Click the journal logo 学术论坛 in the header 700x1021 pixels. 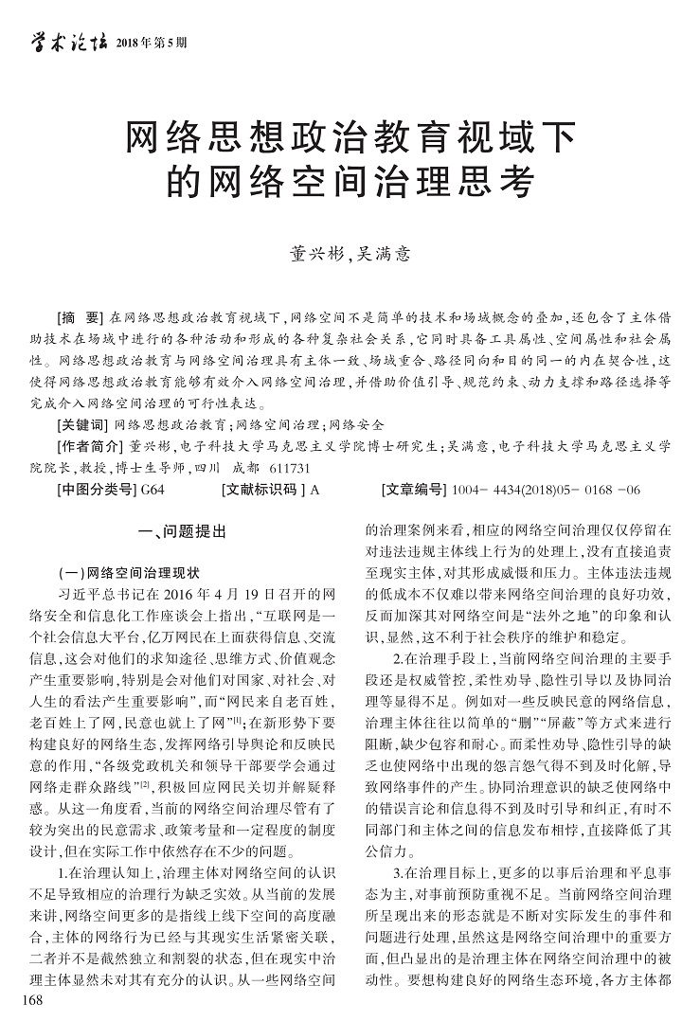65,41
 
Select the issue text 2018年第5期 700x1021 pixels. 151,43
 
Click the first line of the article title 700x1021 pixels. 350,140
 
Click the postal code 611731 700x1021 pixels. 286,468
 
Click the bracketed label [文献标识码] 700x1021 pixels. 261,490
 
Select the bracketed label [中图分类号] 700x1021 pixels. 96,490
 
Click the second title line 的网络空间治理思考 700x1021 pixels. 350,180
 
